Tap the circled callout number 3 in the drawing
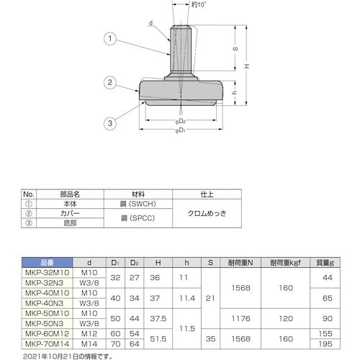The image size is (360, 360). tap(109, 124)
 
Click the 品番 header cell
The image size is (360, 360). tap(46, 263)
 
